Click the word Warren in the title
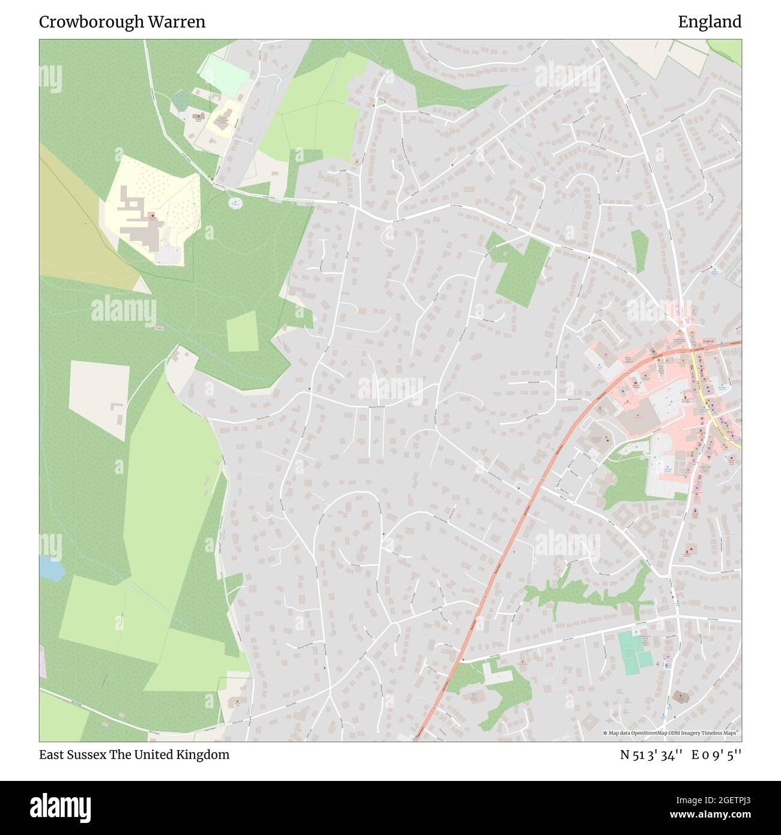[x=178, y=22]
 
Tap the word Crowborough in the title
[x=91, y=22]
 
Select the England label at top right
[x=710, y=22]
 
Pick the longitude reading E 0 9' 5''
[x=716, y=755]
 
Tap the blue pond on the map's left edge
[x=50, y=568]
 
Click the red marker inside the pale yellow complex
[x=153, y=215]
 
